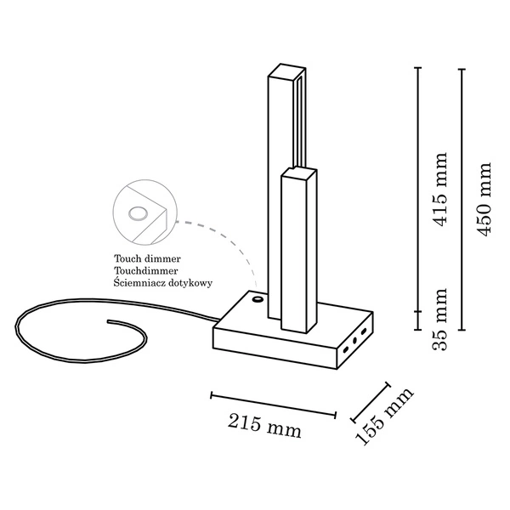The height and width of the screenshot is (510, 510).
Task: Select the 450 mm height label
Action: point(484,199)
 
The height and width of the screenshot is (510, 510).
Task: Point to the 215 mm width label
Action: point(264,426)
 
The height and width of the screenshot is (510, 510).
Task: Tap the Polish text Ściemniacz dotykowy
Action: point(162,282)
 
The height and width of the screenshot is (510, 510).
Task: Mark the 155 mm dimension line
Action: point(370,400)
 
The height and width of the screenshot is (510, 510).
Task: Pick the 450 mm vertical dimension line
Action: point(462,199)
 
